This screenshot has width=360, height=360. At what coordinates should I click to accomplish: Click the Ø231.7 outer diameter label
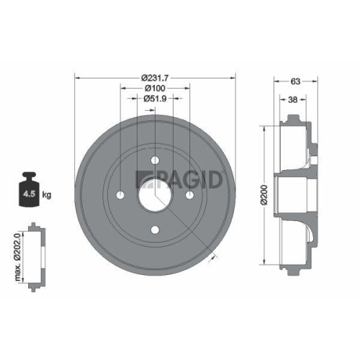[155, 76]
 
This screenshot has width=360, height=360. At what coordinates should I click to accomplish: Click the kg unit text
[48, 194]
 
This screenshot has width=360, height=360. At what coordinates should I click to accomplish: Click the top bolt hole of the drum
[155, 161]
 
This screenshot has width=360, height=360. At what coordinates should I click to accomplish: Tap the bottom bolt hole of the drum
[155, 230]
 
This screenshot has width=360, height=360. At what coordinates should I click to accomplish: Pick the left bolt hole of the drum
[121, 195]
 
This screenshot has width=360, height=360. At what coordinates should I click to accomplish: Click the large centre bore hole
[155, 195]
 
